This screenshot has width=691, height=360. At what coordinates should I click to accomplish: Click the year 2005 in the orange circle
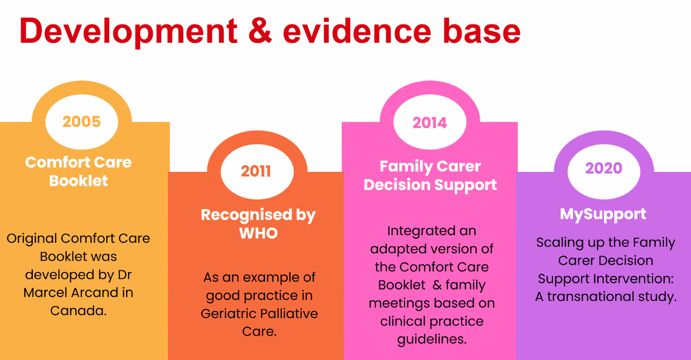click(x=82, y=121)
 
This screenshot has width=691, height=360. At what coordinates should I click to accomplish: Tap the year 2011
click(x=256, y=171)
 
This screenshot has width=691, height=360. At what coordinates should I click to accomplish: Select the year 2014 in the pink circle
click(x=430, y=123)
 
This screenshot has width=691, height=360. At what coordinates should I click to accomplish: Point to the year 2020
click(x=604, y=168)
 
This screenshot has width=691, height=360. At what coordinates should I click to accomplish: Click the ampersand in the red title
click(x=260, y=30)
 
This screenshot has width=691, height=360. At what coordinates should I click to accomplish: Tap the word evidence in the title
click(x=357, y=31)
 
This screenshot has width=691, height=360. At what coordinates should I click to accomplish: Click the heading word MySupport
click(x=603, y=214)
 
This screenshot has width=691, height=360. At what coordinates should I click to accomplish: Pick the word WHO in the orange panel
click(x=258, y=233)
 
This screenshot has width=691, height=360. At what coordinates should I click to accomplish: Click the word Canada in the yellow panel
click(x=78, y=310)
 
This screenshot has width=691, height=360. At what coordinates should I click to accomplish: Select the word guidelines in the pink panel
click(x=432, y=340)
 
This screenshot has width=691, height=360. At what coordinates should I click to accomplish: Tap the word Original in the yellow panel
click(x=32, y=239)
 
